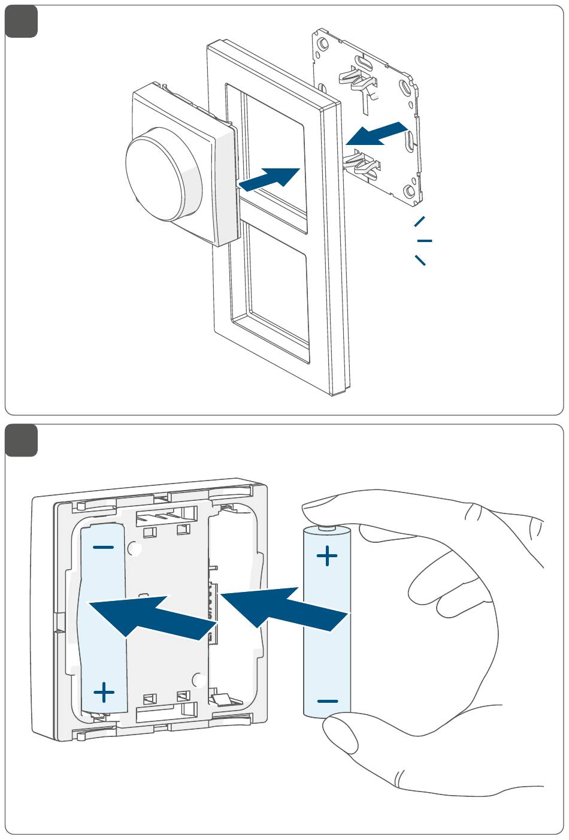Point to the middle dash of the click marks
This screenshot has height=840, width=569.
(x=425, y=240)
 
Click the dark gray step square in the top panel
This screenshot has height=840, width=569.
(x=22, y=22)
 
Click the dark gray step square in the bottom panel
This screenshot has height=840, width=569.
(x=22, y=440)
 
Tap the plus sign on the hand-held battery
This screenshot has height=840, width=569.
(x=326, y=556)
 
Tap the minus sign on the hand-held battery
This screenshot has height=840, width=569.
(x=327, y=700)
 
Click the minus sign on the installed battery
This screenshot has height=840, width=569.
(x=104, y=547)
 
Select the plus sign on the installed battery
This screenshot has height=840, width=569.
(x=104, y=693)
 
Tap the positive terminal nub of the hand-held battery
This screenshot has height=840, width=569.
(x=326, y=528)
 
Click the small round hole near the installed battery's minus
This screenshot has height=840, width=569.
(x=135, y=548)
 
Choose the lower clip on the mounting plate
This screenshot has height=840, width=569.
(x=363, y=165)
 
